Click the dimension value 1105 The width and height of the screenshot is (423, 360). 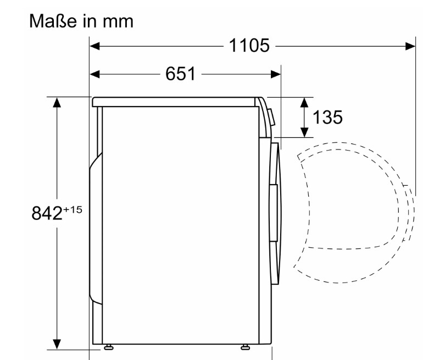(x=249, y=45)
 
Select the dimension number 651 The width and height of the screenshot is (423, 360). (x=180, y=74)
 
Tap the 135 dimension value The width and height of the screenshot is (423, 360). (x=327, y=117)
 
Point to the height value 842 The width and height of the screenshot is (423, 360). (x=47, y=213)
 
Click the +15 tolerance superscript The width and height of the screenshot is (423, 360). (x=73, y=210)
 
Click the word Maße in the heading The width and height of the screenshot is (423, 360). (x=53, y=21)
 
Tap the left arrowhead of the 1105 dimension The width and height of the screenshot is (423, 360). (x=94, y=46)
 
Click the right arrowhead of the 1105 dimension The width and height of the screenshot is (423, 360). (x=410, y=46)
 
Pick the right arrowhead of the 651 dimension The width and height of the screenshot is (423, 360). (x=276, y=74)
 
